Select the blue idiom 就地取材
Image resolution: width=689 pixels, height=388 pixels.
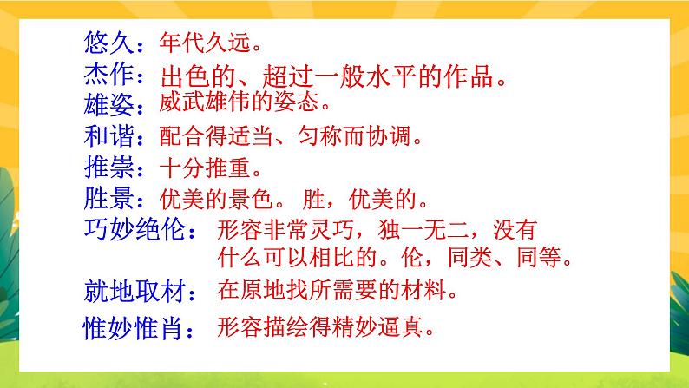132,288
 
